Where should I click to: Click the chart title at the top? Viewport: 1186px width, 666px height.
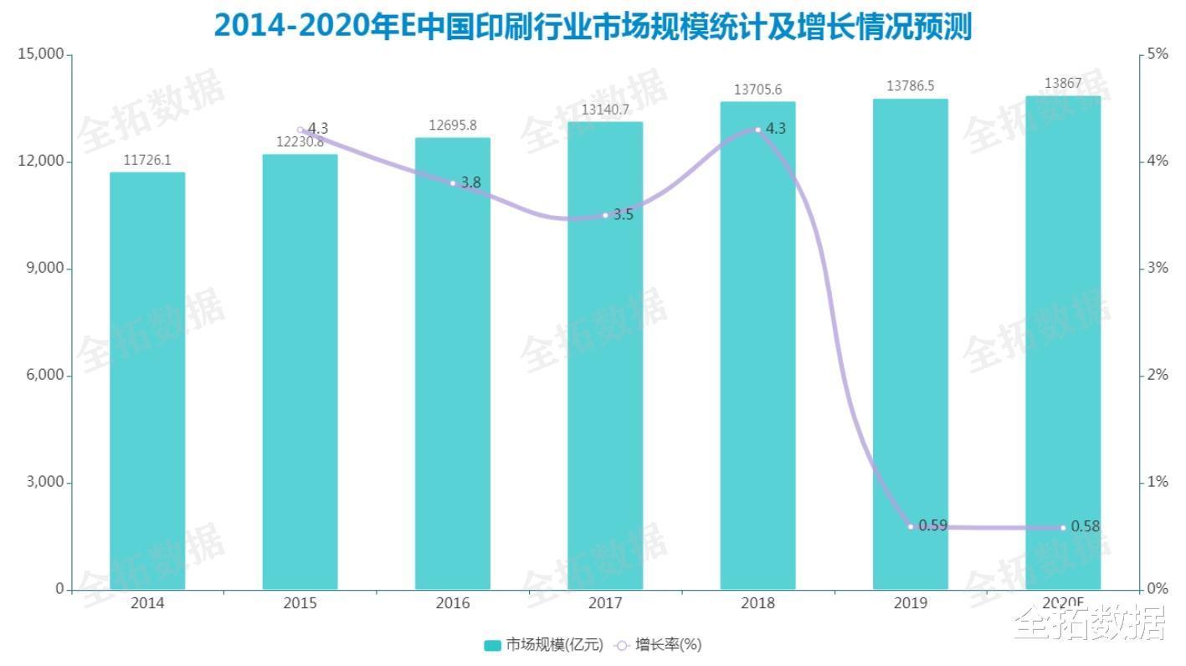pos(593,25)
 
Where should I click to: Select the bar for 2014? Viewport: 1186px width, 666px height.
pos(147,381)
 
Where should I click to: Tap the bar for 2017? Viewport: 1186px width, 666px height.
pos(605,356)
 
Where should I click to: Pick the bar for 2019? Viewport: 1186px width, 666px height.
pos(911,344)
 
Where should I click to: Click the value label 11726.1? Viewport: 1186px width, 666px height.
pos(147,161)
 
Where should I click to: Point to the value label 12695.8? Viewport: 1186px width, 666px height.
pos(453,126)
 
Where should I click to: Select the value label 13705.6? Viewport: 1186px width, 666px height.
pos(758,90)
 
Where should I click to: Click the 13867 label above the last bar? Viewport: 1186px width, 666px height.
pos(1063,83)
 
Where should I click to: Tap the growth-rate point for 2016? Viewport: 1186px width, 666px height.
pos(453,183)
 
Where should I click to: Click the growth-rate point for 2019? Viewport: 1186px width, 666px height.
pos(911,526)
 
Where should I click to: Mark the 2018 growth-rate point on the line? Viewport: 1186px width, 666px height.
pos(758,130)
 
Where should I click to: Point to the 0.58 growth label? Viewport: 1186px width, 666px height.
pos(1085,526)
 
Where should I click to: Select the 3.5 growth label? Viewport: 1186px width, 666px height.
pos(624,214)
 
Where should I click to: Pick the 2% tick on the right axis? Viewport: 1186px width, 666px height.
pos(1158,375)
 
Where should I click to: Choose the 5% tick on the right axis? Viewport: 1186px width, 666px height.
pos(1158,54)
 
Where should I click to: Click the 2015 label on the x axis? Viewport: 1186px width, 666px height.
pos(300,603)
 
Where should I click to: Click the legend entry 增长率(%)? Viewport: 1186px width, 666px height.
pos(659,644)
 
